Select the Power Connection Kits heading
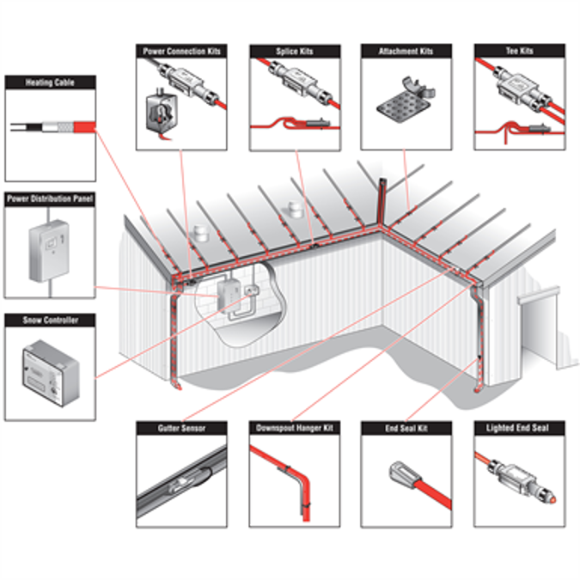coord(181,52)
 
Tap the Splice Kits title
coord(295,52)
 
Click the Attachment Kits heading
coord(406,52)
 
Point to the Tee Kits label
coord(520,52)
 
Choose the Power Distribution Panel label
coord(50,198)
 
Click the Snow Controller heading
coord(50,321)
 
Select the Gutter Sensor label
coord(181,427)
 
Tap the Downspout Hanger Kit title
coord(295,427)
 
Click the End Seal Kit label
coord(406,427)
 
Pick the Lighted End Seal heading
coord(520,427)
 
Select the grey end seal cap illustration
coord(400,473)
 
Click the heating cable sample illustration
coord(52,129)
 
